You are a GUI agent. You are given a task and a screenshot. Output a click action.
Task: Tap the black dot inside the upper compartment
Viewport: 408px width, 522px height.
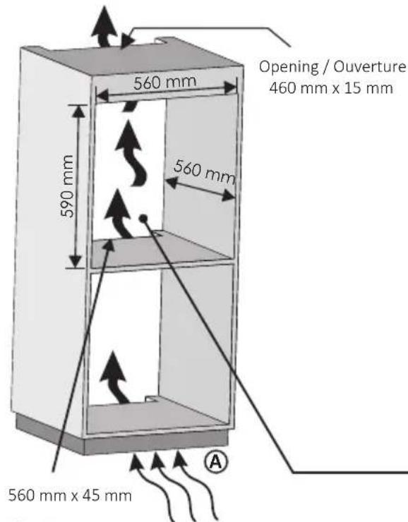(143, 219)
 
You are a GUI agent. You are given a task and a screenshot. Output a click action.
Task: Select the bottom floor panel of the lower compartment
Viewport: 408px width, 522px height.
(155, 417)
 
